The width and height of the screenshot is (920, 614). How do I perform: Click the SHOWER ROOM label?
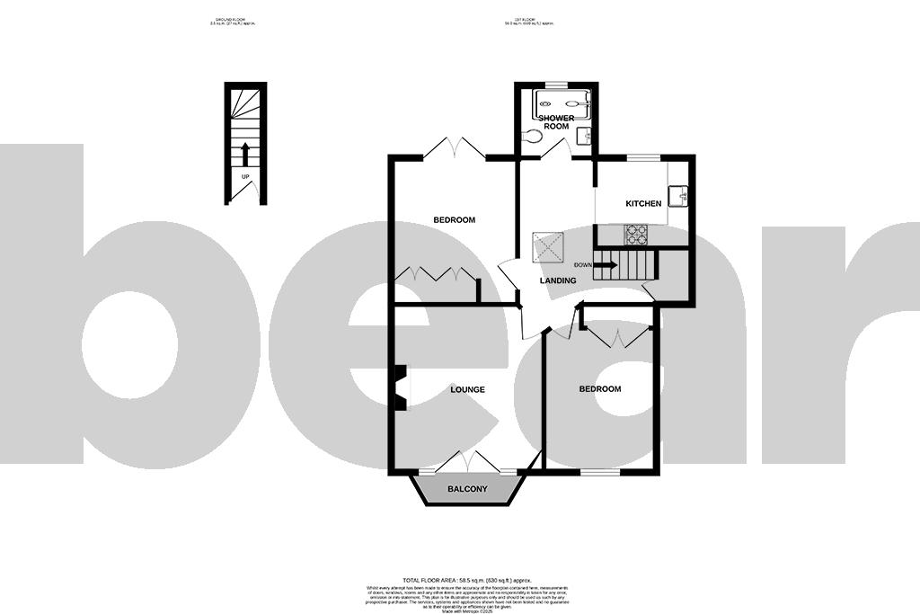click(556, 122)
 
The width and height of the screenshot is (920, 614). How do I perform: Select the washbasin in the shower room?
click(584, 136)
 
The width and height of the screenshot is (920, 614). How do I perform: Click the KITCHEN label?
click(643, 204)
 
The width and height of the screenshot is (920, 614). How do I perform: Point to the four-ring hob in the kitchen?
click(637, 234)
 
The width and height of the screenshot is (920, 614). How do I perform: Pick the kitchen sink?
click(683, 193)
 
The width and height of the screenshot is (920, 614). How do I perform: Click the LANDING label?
click(557, 281)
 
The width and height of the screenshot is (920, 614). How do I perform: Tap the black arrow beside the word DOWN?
click(605, 265)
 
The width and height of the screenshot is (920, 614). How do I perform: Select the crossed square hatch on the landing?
click(548, 245)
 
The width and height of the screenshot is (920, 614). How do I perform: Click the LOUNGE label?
click(467, 390)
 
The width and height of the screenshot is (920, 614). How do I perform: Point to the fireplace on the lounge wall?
click(402, 387)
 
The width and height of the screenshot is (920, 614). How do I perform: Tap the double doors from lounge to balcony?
click(466, 461)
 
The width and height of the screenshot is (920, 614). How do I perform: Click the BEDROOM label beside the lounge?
click(599, 389)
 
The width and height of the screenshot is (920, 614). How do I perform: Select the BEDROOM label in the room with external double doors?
click(454, 220)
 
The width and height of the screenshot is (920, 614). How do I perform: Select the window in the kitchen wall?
click(641, 158)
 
